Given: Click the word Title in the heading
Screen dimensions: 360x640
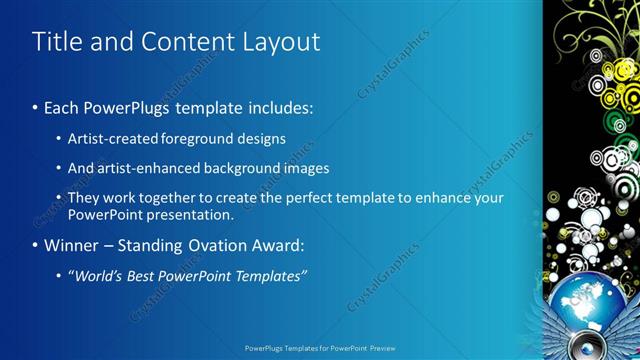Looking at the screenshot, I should pyautogui.click(x=56, y=42).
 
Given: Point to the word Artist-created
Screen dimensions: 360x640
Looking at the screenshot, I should pyautogui.click(x=111, y=138).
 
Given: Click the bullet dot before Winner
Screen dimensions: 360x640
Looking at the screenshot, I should pyautogui.click(x=36, y=246).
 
